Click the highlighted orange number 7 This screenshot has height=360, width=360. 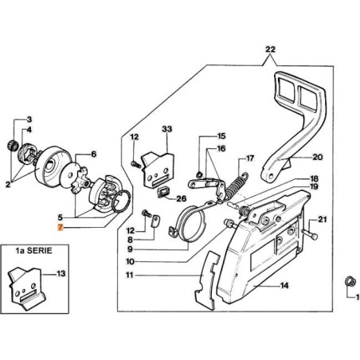61,228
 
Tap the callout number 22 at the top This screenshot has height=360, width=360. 270,49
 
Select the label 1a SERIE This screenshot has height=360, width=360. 34,251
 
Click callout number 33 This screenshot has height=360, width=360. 167,129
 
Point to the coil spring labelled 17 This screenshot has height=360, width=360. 237,186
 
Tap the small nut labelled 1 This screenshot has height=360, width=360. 348,281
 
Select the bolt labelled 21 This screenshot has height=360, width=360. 310,235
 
